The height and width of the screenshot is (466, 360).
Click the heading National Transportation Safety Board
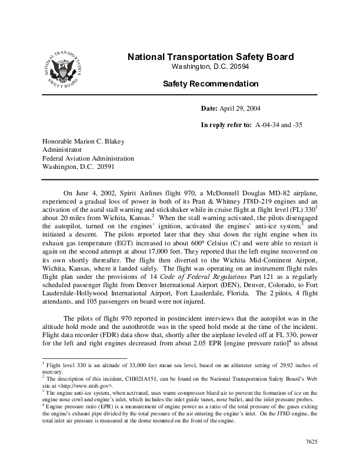210,57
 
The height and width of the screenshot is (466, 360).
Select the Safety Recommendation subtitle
210,84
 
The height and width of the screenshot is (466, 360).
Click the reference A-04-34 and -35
279,125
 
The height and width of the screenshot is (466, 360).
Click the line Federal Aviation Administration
88,158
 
